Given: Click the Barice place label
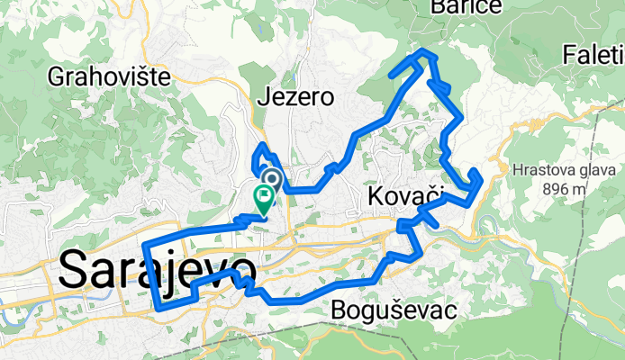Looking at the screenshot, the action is [452, 7].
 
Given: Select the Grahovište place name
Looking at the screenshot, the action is [111, 76].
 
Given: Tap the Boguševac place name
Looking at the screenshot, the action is [394, 310].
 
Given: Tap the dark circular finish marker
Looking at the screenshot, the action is [271, 178].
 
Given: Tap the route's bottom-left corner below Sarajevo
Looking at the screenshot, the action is [159, 307].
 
